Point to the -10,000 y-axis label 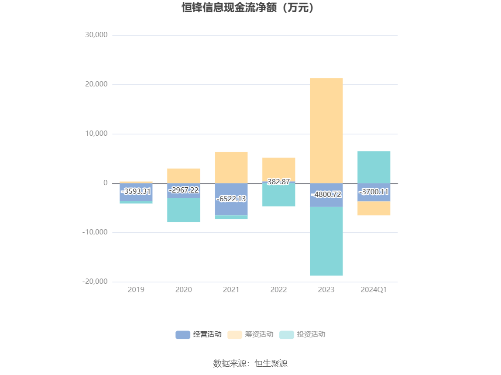pos(95,232)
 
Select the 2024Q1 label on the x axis pos(374,290)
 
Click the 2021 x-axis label pos(231,290)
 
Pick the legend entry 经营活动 pos(199,335)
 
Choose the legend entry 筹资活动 pos(250,335)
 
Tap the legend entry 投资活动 pos(302,335)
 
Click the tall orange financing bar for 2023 pos(326,131)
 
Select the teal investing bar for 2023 pos(326,241)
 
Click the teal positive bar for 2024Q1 pos(374,167)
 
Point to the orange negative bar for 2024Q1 pos(374,208)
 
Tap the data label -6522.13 pos(231,199)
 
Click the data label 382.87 pos(278,182)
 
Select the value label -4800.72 pos(326,195)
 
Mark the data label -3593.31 pos(136,192)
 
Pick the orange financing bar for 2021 pos(231,167)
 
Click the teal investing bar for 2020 pos(183,210)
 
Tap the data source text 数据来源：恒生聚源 pos(250,363)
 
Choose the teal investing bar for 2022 pos(278,195)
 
